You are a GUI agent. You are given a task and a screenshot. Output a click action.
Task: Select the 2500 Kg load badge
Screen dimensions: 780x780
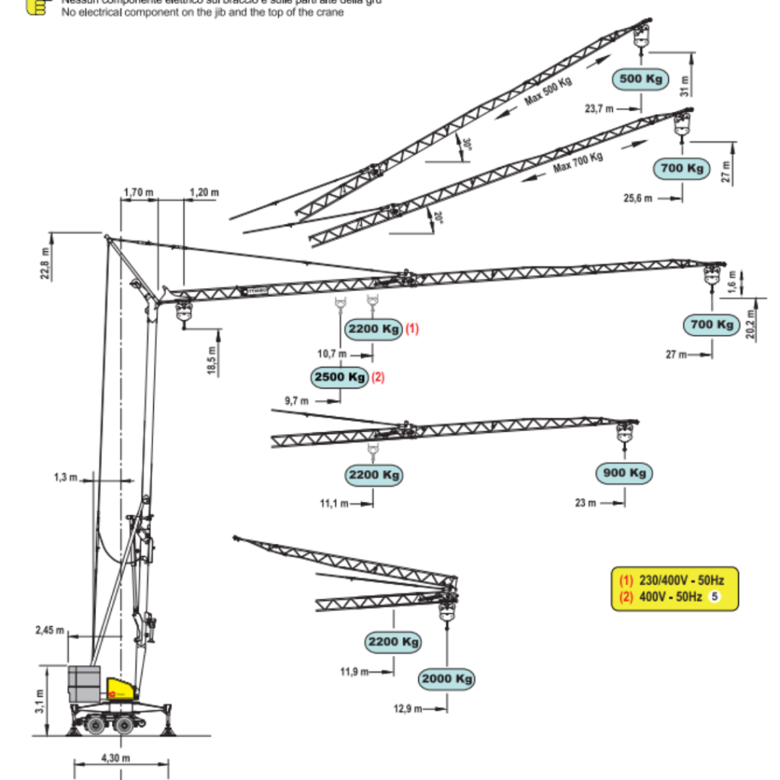coord(340,376)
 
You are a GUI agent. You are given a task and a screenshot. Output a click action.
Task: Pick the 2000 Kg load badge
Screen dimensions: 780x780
coord(446,679)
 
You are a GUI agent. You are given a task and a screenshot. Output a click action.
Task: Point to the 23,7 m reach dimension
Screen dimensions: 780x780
coord(599,109)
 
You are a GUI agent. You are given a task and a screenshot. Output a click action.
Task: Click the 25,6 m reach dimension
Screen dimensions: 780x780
coord(638,198)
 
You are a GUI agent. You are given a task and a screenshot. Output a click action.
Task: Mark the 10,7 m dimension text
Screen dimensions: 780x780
coord(331,354)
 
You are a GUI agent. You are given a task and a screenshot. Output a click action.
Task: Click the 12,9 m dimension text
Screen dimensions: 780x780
coord(408,709)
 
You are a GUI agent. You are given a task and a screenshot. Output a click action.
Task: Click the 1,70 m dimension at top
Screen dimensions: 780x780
coord(138,193)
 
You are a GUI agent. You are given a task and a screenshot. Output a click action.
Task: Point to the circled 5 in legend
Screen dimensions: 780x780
coord(715,597)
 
